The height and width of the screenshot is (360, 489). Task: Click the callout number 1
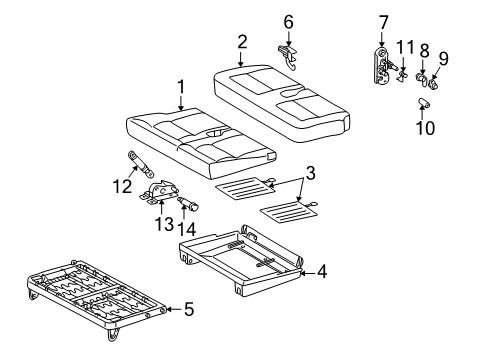click(181, 87)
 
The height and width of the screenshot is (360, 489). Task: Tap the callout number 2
click(242, 42)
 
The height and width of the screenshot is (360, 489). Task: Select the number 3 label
click(310, 173)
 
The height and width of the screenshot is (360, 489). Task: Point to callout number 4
click(322, 272)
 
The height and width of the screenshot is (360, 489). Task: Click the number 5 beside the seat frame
click(189, 309)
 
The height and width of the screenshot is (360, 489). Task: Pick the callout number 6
click(288, 22)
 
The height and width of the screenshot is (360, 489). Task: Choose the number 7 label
click(384, 23)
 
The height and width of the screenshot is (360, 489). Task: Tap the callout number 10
click(425, 128)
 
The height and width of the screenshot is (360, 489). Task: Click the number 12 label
click(122, 186)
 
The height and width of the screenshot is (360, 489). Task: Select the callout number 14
click(186, 229)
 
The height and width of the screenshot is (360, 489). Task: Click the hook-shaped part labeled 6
click(288, 57)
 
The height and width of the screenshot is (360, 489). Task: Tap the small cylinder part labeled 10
click(423, 102)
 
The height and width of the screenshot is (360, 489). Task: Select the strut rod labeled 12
click(140, 164)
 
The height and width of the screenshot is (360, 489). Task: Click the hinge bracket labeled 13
click(159, 192)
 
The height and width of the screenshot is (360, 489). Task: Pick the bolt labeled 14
click(188, 203)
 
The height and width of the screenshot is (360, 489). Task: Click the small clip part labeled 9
click(433, 84)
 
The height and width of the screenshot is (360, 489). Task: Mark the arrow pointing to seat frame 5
click(174, 309)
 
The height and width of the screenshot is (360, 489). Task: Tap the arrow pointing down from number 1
click(181, 103)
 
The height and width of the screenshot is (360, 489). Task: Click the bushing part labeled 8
click(421, 79)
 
